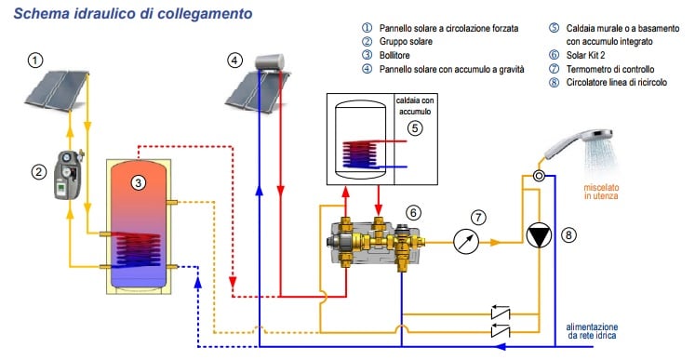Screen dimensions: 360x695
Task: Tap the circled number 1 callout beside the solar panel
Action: coord(35,60)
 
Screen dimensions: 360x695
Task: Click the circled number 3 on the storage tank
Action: coord(137,182)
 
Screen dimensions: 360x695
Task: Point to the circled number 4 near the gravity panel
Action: coord(235,60)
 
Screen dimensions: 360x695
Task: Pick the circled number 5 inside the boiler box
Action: coord(414,127)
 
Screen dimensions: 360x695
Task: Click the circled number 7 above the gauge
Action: coord(478,217)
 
